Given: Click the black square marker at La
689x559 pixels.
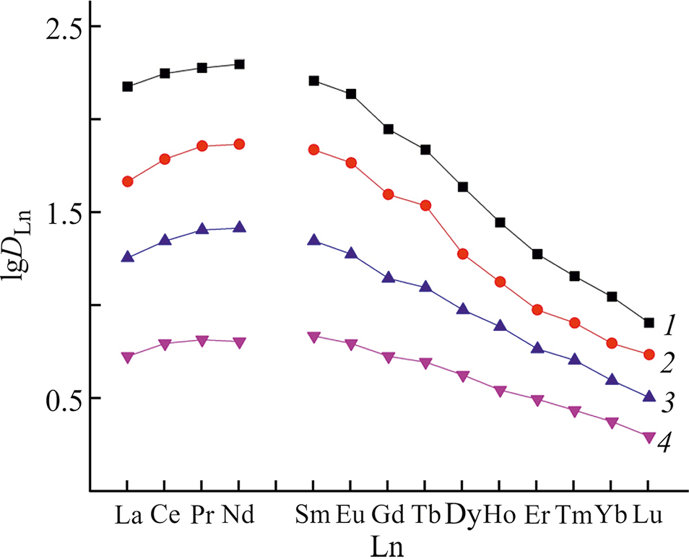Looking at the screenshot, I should [x=127, y=87].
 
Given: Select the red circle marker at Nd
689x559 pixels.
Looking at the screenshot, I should [x=239, y=144].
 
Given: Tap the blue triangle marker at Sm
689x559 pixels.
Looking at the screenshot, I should [x=313, y=240].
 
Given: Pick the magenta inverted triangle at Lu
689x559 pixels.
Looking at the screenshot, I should [x=649, y=437].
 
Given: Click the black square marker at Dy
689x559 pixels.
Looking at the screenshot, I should [x=463, y=187].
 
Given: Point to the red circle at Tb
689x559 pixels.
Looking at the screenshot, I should [x=425, y=206].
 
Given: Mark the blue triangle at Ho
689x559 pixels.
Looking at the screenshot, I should [x=500, y=326].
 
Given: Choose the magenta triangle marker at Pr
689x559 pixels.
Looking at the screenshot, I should [x=202, y=340].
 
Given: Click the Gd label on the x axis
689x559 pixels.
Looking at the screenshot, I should [x=388, y=516].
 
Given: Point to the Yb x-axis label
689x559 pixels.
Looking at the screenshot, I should [x=611, y=516].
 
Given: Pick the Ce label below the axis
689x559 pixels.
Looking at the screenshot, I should [x=164, y=516].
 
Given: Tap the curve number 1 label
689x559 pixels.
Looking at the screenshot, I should [x=669, y=326].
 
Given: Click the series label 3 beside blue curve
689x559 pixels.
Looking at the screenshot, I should [x=667, y=403].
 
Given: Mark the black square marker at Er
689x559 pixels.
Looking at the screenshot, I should [x=537, y=254].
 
